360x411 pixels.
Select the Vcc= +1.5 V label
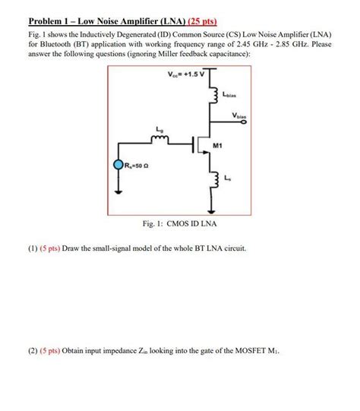coord(183,74)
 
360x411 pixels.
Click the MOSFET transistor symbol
coord(199,143)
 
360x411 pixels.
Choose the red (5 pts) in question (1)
coord(54,249)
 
